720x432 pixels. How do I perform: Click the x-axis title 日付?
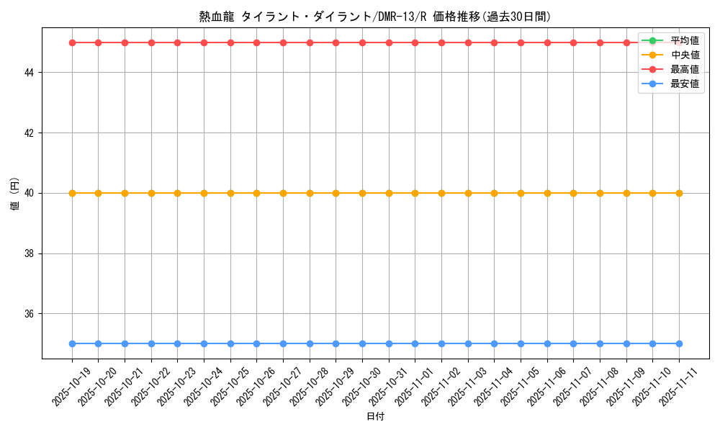(375, 417)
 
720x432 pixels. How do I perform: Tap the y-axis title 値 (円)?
(14, 193)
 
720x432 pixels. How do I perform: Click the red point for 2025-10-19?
(72, 42)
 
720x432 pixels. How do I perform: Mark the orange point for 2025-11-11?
(679, 193)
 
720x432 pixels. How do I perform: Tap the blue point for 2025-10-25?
(230, 343)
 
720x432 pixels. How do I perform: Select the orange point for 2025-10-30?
(362, 193)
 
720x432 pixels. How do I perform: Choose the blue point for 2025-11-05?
(521, 343)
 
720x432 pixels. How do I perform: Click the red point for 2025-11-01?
(415, 42)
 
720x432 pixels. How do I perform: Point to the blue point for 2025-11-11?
(679, 343)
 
